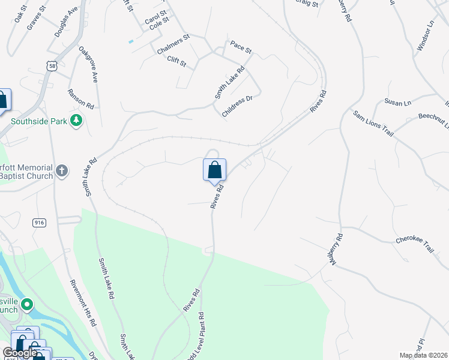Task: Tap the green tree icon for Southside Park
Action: (x=76, y=121)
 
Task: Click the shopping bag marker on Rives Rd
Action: (x=214, y=170)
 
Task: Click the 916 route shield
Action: (x=40, y=223)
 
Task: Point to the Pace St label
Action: (x=240, y=45)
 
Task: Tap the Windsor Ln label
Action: (x=425, y=36)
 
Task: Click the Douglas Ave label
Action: (x=66, y=23)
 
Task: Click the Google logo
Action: (x=19, y=353)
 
